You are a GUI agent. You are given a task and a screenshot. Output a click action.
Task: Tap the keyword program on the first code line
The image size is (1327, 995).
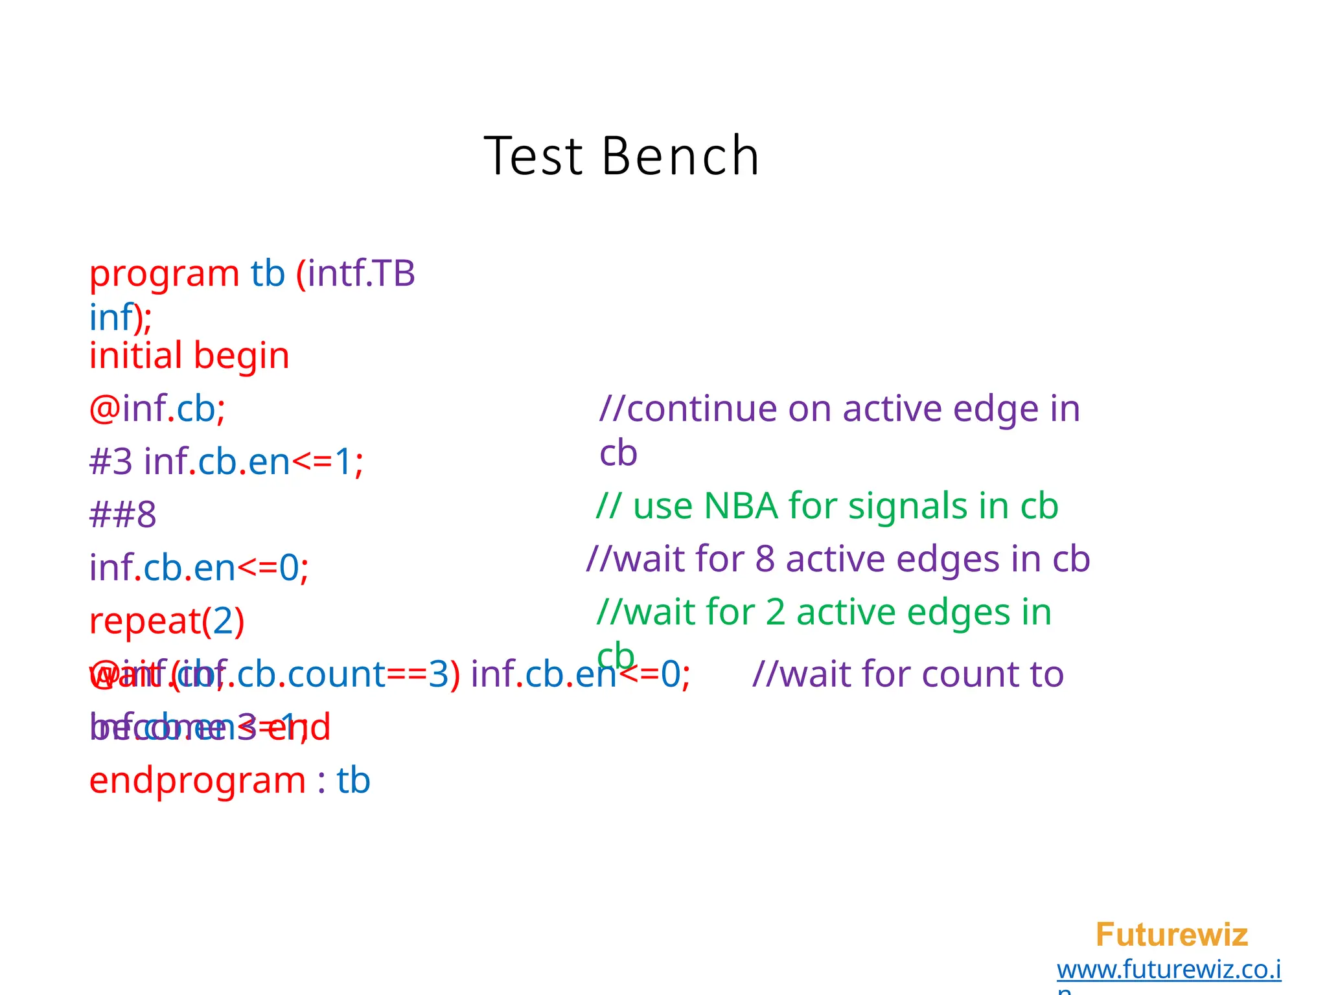164,274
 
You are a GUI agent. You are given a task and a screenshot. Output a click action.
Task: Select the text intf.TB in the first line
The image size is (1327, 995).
361,273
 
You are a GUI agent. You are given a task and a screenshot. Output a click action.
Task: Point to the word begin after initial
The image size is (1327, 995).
241,357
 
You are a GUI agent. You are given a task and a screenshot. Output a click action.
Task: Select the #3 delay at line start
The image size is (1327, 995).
111,462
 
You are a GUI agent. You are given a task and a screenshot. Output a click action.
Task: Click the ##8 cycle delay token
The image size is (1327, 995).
122,515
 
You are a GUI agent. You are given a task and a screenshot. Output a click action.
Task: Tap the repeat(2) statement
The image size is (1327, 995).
167,621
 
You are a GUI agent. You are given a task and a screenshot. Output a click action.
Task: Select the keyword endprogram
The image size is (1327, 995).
197,781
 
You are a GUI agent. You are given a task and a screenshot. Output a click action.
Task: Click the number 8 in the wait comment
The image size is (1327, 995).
765,559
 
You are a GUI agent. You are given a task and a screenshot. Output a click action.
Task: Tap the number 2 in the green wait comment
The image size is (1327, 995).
775,612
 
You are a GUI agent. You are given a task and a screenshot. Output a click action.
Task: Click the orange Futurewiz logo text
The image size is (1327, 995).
1171,935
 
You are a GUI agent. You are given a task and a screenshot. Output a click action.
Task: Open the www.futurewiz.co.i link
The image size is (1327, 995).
1168,970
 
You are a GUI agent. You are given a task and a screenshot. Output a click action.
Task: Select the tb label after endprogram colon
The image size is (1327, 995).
353,781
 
